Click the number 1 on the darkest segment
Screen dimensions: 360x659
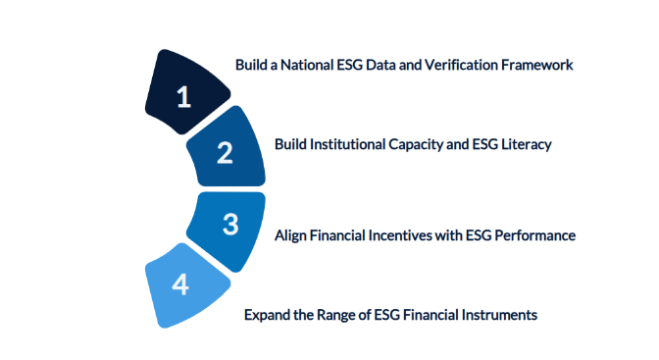tap(182, 96)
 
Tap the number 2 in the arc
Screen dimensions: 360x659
tap(225, 153)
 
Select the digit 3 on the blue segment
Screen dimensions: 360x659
tap(230, 225)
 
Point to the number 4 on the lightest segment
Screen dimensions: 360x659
tap(179, 284)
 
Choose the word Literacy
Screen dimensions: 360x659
tap(526, 144)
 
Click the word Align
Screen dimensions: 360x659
tap(290, 235)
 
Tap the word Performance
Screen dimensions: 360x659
tap(536, 235)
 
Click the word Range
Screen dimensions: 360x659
tap(335, 315)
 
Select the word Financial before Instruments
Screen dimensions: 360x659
tap(432, 315)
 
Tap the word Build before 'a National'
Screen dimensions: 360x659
tap(252, 65)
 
